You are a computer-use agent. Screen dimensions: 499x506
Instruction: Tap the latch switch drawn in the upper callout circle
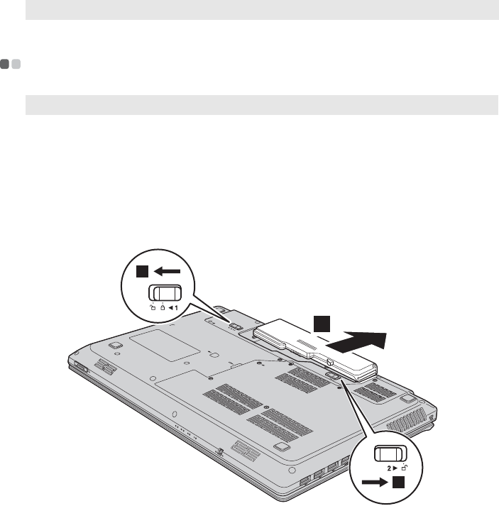(x=165, y=294)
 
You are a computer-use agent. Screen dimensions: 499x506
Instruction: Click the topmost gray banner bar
(x=261, y=9)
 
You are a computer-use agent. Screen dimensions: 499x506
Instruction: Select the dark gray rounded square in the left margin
(x=5, y=65)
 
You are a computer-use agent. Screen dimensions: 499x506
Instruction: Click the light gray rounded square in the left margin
(x=16, y=65)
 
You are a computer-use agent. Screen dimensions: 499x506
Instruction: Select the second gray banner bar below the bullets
(x=261, y=105)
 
